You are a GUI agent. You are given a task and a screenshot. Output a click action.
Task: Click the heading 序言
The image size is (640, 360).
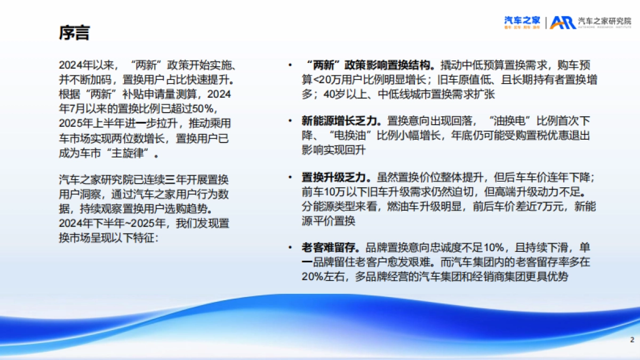pos(74,33)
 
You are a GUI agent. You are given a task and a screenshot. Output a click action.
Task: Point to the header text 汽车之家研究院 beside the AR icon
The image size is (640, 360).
pos(604,22)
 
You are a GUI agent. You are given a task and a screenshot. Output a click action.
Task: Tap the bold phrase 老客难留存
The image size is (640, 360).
pos(326,248)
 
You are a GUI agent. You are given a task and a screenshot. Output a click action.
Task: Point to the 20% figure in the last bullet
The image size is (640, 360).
pos(312,276)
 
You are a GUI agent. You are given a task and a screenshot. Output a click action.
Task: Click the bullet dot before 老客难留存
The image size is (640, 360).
pos(290,248)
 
